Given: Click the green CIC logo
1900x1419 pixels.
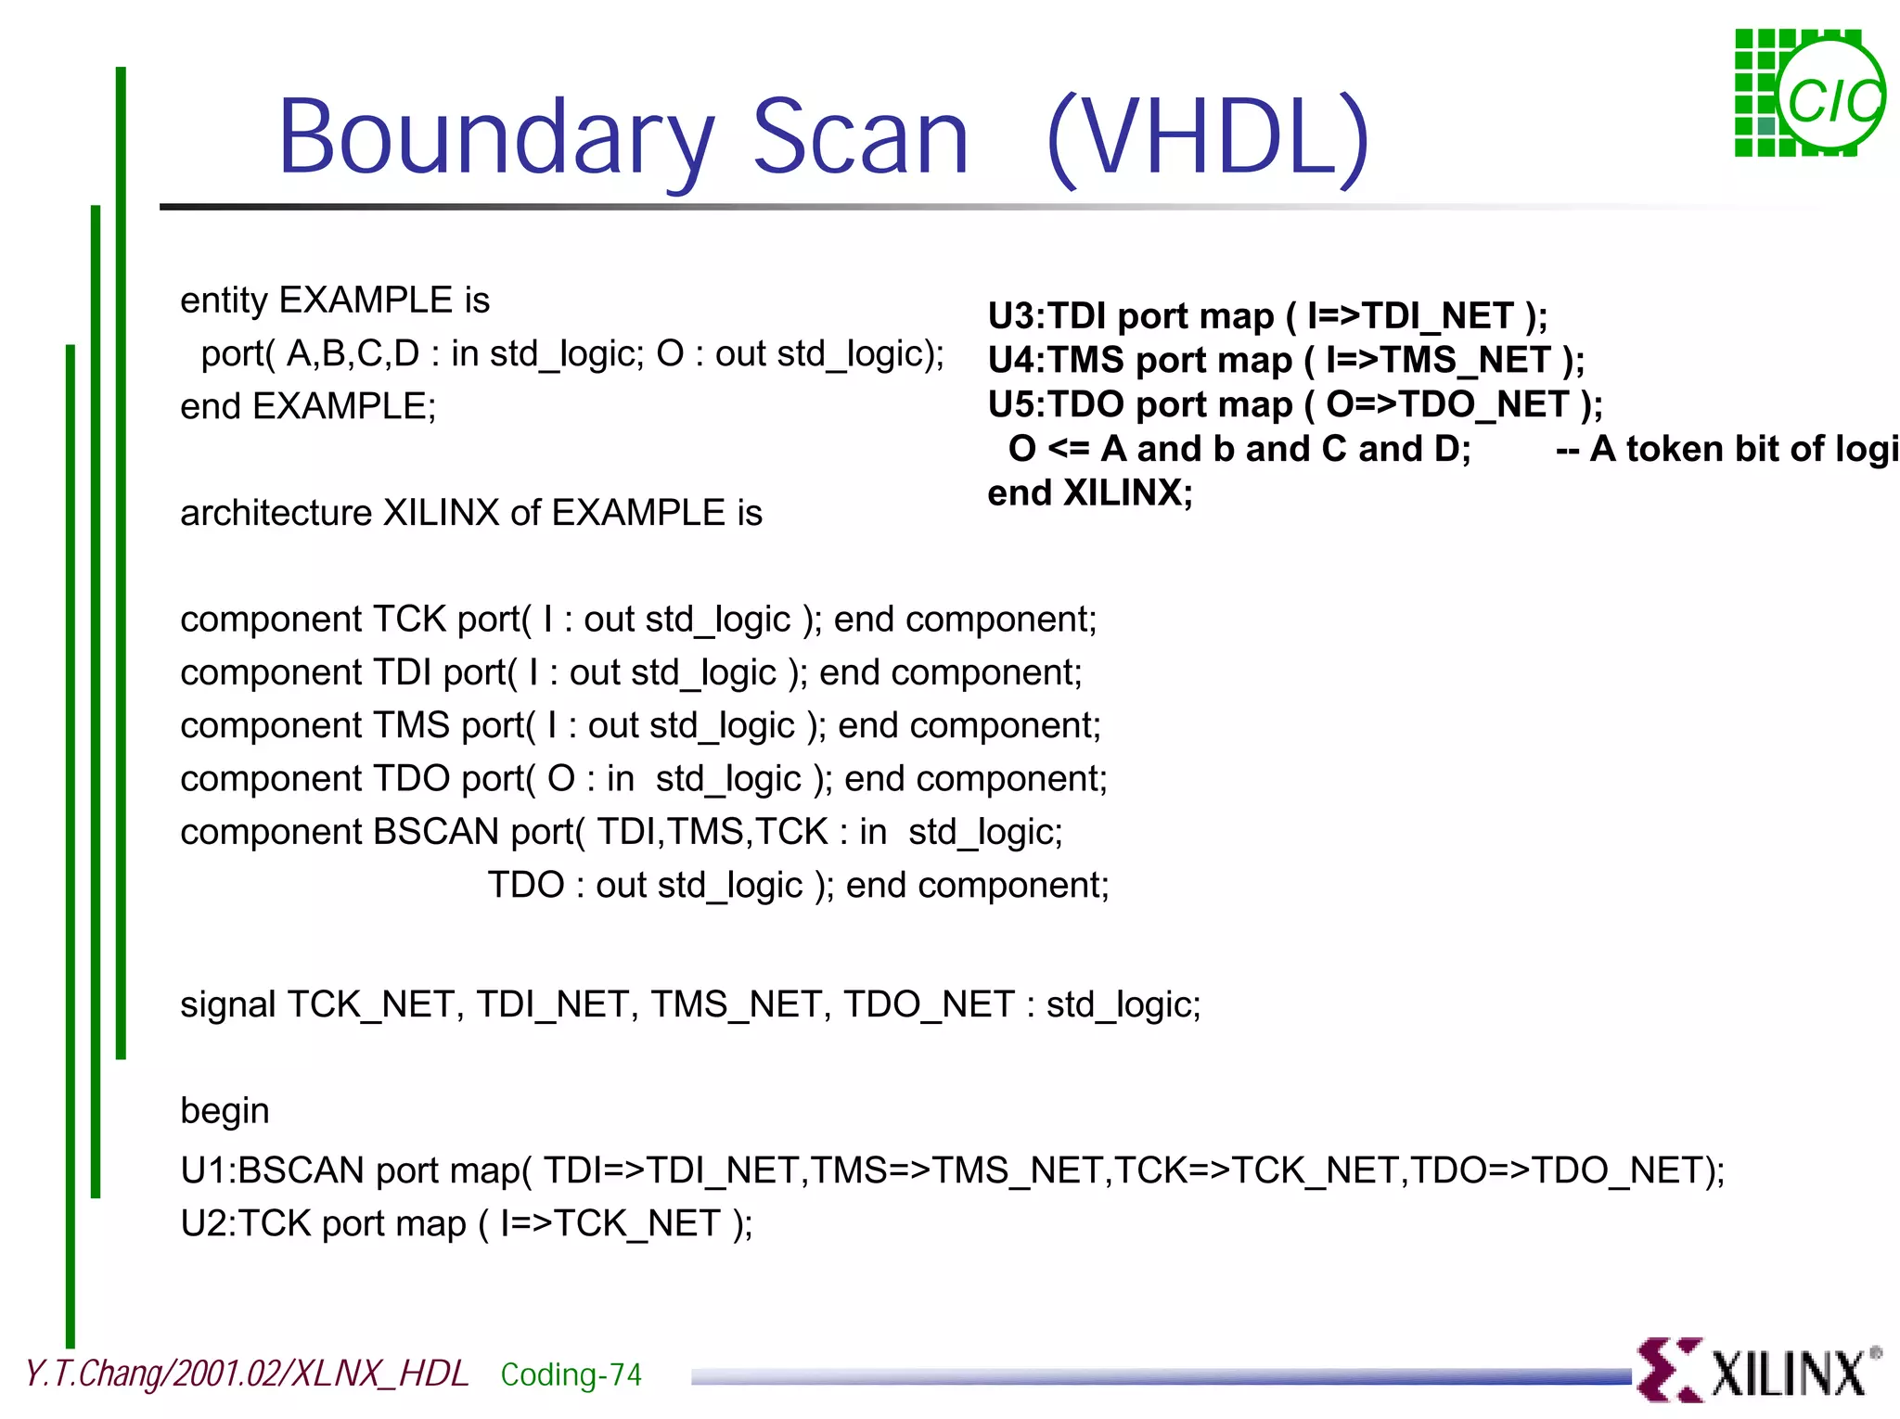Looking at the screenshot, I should click(x=1808, y=94).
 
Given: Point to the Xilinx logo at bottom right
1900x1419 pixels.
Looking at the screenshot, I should click(x=1758, y=1370).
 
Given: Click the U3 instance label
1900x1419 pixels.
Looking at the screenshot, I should click(x=1009, y=316).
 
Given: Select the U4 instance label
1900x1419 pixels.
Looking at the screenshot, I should click(x=1009, y=360).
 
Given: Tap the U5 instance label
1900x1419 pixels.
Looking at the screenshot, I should click(x=1009, y=404).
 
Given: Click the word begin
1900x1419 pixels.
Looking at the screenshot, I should click(x=225, y=1111).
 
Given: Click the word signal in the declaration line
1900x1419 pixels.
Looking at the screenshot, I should click(x=226, y=1004).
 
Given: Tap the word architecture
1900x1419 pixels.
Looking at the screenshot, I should click(x=275, y=513).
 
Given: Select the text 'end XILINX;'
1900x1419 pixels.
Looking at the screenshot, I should click(x=1090, y=492).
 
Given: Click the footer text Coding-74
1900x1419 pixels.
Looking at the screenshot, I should click(x=571, y=1374).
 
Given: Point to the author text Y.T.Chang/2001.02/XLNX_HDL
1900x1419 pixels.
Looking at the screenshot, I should click(x=247, y=1374).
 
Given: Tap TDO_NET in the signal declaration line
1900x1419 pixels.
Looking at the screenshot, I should click(x=929, y=1004).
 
